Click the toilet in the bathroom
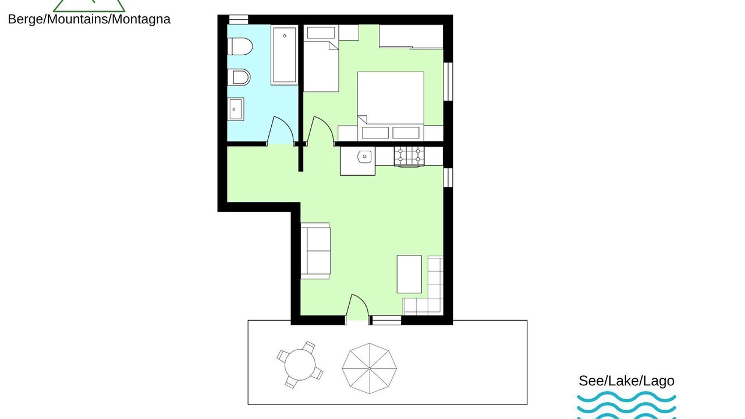[x=239, y=46]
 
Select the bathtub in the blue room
[x=285, y=55]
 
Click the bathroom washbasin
[x=236, y=109]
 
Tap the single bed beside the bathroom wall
[x=321, y=59]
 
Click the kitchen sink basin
[x=364, y=157]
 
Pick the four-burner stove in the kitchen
[x=409, y=156]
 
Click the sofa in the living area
[x=315, y=251]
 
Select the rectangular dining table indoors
[x=409, y=274]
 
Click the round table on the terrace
[x=300, y=365]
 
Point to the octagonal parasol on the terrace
[x=369, y=368]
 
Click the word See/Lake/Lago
[x=627, y=381]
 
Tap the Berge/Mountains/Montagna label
[x=89, y=19]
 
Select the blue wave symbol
[x=627, y=405]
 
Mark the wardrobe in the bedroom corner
[x=411, y=37]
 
